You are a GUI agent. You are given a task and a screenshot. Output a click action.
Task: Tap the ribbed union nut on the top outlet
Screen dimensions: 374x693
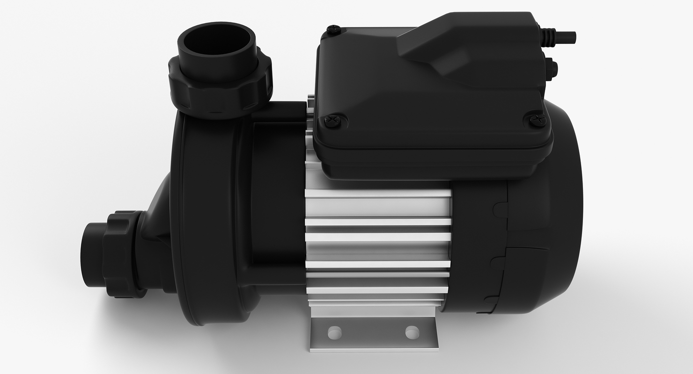click(220, 89)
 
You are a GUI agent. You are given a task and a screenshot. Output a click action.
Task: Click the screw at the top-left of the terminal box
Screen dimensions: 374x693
click(333, 30)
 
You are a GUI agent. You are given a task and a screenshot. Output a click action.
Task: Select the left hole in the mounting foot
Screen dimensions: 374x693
click(334, 332)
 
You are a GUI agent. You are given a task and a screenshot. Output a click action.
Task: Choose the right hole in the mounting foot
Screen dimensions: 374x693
click(412, 332)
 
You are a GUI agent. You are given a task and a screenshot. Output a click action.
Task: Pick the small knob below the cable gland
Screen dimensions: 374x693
click(550, 69)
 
